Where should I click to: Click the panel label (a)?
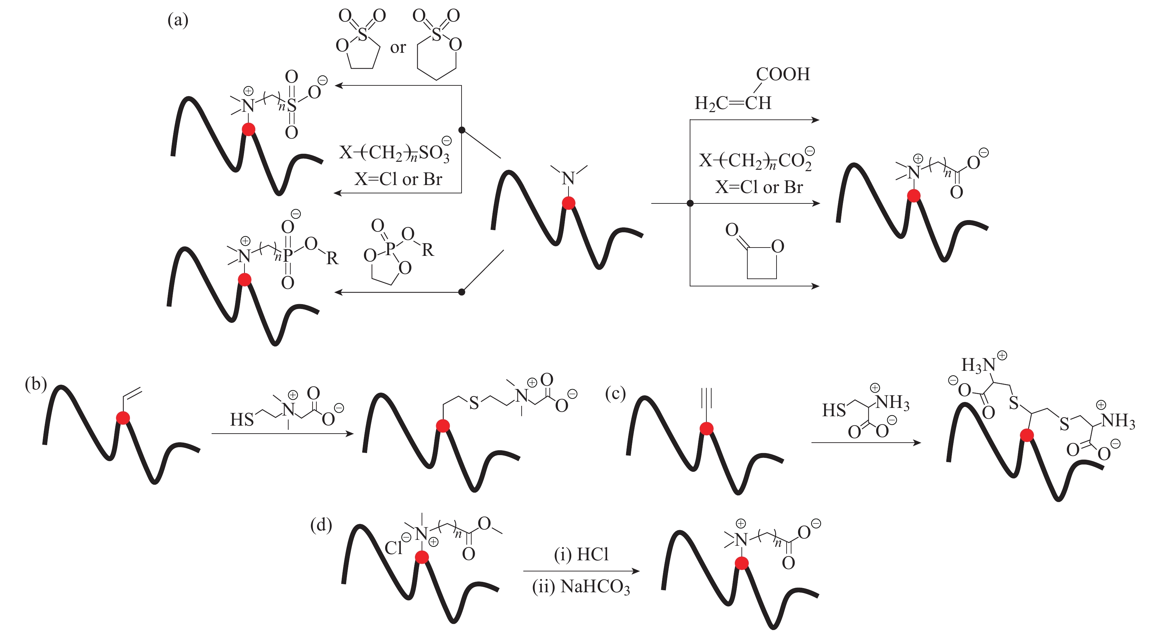click(178, 20)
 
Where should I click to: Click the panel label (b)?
click(36, 384)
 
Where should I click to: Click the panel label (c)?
click(615, 393)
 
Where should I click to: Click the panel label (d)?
click(321, 525)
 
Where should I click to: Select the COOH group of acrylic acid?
click(783, 74)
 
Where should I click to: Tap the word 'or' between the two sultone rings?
click(398, 47)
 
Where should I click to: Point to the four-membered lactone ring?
click(762, 262)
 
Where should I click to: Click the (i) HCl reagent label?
click(581, 554)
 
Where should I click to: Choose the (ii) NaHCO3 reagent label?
click(581, 587)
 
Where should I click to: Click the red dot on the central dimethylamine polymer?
click(568, 203)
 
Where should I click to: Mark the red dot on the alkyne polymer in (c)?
click(706, 428)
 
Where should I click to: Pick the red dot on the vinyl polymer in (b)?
click(123, 418)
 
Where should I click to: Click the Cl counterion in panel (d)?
click(393, 547)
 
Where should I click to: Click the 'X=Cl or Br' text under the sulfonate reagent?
click(398, 179)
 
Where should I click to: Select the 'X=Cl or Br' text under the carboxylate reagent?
click(759, 187)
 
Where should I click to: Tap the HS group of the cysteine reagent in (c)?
click(833, 410)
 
